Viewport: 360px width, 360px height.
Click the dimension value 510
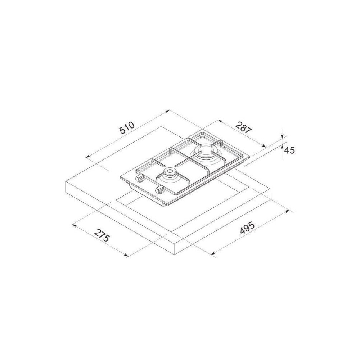126,128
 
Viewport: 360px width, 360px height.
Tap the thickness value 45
289,150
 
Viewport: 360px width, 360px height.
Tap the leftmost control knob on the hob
140,178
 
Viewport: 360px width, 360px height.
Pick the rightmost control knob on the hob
160,189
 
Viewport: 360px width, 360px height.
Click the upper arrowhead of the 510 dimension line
168,111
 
